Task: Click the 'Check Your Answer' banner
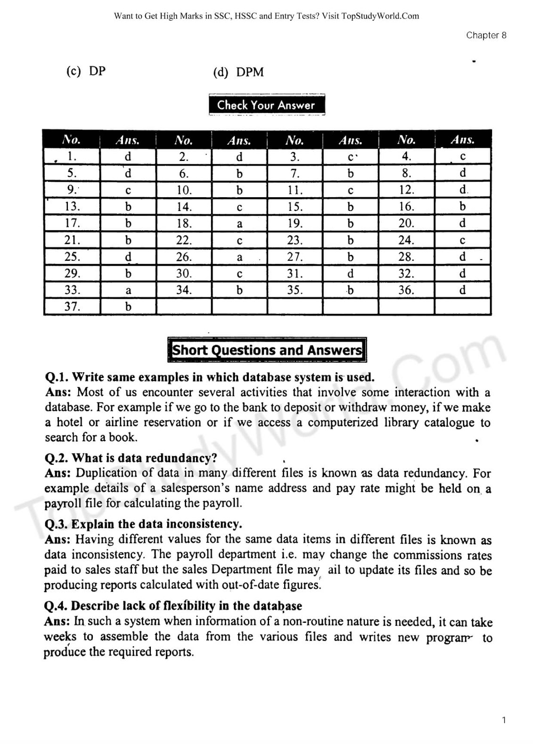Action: coord(266,105)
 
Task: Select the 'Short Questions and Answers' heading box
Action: coord(267,350)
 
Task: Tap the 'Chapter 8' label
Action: coord(486,35)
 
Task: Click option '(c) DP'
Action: coord(86,71)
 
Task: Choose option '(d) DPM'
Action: coord(238,72)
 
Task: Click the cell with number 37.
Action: coord(72,306)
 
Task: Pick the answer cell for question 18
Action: coord(239,224)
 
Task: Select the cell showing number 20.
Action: coord(406,223)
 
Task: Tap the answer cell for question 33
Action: coord(128,290)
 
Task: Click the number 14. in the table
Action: coord(184,207)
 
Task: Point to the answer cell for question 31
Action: coord(350,274)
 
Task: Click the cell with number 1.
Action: coord(72,156)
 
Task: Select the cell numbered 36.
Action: coord(406,290)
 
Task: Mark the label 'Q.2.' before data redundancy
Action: coord(56,458)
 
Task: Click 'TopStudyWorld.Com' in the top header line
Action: coord(380,16)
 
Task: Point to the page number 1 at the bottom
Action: coord(504,720)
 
